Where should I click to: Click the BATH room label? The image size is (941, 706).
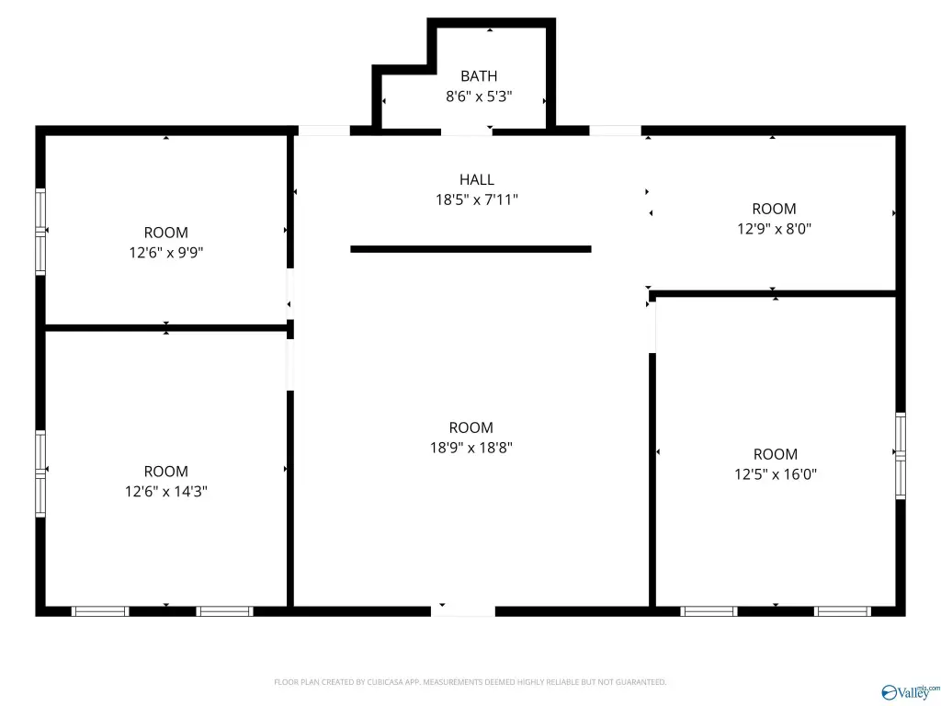[x=479, y=76]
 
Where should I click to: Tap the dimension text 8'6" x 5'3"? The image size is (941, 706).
[x=479, y=96]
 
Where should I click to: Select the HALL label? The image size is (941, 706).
[x=477, y=179]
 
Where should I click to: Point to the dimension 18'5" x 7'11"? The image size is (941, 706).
[x=477, y=199]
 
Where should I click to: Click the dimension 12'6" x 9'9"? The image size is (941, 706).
[x=166, y=252]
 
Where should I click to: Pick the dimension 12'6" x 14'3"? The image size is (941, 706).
[x=166, y=491]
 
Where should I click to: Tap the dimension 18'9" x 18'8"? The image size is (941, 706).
[x=471, y=448]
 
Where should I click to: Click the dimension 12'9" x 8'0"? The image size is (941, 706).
[x=774, y=229]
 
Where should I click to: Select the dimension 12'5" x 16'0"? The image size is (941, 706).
[x=776, y=474]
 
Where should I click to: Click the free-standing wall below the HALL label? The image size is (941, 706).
[x=471, y=249]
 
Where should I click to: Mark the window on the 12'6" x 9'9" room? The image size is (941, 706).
[x=40, y=232]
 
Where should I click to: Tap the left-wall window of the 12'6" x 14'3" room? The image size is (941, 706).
[x=40, y=473]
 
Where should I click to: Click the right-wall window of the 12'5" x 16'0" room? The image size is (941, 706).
[x=901, y=456]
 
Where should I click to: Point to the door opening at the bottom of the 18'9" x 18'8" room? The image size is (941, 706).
[x=463, y=611]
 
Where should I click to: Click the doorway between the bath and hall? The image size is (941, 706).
[x=467, y=131]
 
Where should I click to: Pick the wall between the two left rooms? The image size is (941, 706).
[x=166, y=328]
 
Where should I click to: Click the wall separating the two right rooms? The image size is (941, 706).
[x=773, y=293]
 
